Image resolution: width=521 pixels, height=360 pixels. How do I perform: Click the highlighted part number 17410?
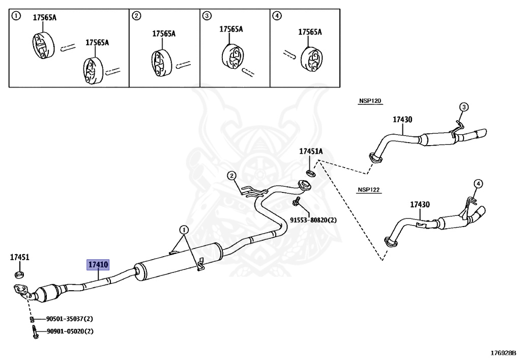pos(98,265)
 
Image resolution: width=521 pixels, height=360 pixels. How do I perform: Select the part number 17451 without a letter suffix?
pos(19,258)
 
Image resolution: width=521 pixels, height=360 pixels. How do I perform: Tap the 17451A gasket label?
pos(310,151)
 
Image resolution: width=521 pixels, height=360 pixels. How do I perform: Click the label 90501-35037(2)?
pos(69,319)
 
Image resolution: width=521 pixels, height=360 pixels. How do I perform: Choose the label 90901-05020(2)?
pos(69,331)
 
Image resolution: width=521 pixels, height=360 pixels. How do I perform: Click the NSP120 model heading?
pos(369,101)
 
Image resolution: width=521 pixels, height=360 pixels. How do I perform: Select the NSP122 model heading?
pos(369,190)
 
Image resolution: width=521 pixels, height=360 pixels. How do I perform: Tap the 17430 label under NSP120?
pos(402,120)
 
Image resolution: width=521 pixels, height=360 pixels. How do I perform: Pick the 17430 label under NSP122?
pos(420,205)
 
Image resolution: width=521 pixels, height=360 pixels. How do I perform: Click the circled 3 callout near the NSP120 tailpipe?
pos(464,107)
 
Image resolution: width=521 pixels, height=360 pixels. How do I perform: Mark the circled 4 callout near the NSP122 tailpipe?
pos(478,183)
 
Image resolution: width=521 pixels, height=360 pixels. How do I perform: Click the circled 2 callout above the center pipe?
pos(231,176)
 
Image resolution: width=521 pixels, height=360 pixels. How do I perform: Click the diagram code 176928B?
pos(503,352)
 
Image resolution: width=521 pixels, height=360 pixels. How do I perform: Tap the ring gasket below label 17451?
pos(19,275)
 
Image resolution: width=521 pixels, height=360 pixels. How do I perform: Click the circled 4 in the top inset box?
pos(277,16)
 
